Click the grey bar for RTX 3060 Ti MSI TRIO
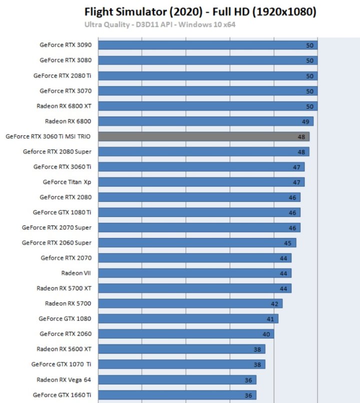click(x=203, y=136)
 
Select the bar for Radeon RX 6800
click(x=205, y=121)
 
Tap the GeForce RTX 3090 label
click(x=65, y=45)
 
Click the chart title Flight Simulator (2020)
click(x=200, y=11)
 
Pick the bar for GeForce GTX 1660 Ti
click(x=177, y=395)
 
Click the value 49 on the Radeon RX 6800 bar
click(x=305, y=121)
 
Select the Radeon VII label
click(x=76, y=273)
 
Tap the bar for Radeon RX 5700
click(x=190, y=303)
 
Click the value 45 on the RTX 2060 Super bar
click(x=288, y=243)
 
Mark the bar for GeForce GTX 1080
click(x=188, y=318)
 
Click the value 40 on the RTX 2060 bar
click(x=266, y=334)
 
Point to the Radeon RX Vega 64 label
click(x=64, y=379)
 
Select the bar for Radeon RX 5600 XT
click(x=181, y=349)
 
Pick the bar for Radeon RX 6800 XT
click(x=207, y=106)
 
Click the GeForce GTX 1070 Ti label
click(x=61, y=364)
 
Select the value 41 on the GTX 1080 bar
click(x=270, y=319)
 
